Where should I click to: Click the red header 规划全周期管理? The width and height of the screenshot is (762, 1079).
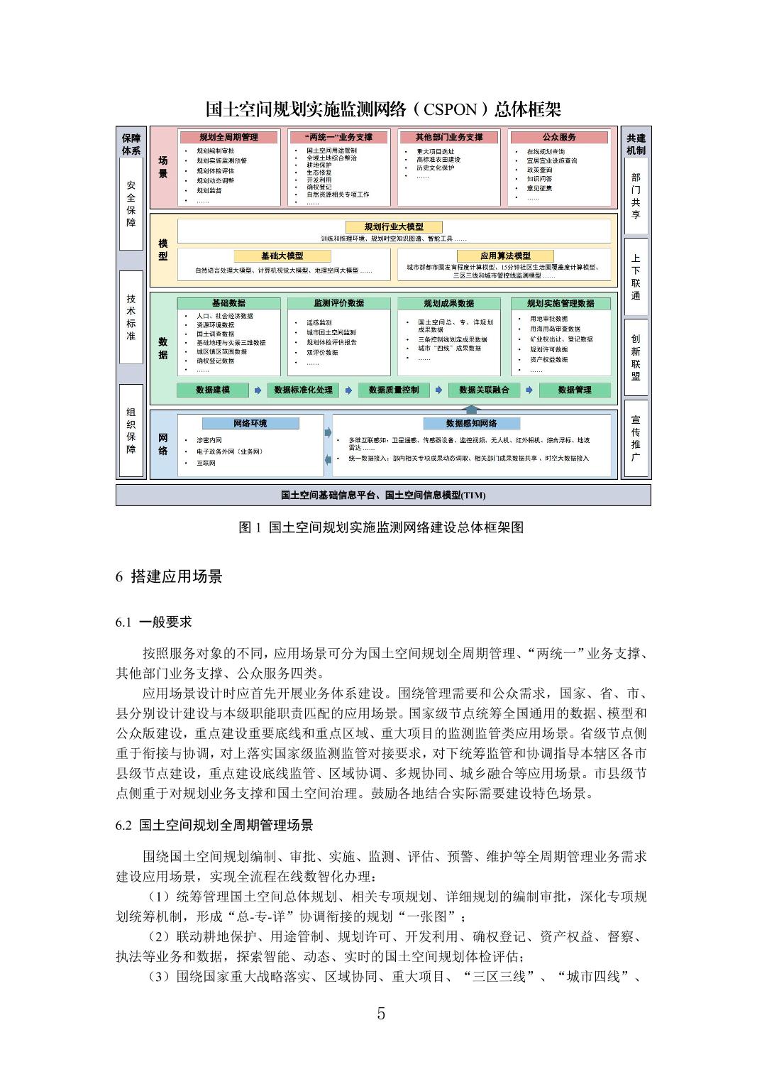click(228, 137)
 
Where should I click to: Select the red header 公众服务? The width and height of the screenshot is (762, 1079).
click(559, 137)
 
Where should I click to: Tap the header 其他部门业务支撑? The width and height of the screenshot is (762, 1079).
click(449, 137)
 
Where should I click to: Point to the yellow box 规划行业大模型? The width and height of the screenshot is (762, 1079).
click(394, 226)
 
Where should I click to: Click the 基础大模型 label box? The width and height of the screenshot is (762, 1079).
click(282, 256)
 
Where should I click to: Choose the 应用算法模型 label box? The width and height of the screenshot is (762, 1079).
click(504, 256)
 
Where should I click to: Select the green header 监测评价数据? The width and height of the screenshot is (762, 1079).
click(338, 303)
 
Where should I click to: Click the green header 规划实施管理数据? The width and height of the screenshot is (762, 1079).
click(561, 303)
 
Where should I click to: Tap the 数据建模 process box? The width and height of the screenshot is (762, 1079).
click(213, 390)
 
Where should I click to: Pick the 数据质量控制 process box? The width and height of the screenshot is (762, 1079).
click(394, 390)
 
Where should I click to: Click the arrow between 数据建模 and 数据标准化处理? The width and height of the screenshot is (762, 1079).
click(258, 390)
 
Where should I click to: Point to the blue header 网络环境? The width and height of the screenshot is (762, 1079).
click(250, 424)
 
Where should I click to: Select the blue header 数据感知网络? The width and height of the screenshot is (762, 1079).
click(471, 424)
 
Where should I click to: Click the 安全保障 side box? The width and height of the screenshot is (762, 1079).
click(131, 203)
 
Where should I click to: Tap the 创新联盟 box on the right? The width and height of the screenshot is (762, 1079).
click(636, 357)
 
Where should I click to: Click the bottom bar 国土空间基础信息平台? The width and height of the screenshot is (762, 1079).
click(383, 495)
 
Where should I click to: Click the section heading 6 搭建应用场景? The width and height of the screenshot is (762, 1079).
click(169, 576)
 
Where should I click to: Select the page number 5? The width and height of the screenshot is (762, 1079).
click(381, 1014)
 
